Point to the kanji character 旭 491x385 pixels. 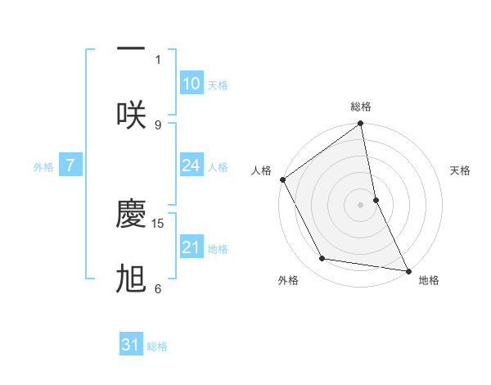coord(131,279)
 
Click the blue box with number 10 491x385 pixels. coord(191,84)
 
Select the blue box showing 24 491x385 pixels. coord(191,165)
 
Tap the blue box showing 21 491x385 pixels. coord(191,247)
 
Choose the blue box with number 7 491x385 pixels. coord(70,165)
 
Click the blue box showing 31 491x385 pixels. coord(131,345)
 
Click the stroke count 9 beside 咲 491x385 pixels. coord(158,125)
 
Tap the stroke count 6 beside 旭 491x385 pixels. coord(158,288)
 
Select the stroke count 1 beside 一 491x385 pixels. coord(158,59)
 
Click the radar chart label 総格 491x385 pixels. coord(361,106)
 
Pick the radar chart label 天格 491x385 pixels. coord(460,170)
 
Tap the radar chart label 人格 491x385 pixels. coord(261,170)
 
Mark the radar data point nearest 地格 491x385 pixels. coord(407,269)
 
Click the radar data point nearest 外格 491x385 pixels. coord(322,259)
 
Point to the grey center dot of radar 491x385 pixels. coord(361,204)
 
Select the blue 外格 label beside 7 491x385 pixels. coord(43,166)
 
